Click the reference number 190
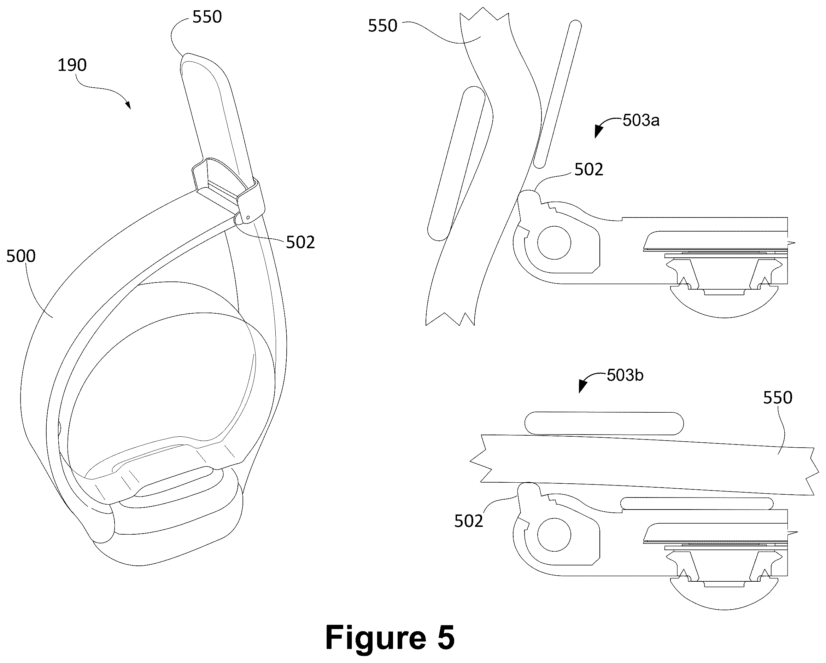72,65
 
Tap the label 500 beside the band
21,256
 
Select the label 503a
641,120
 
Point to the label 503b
625,375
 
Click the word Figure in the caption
376,638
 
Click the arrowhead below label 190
128,105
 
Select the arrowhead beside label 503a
598,132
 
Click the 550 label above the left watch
207,17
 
